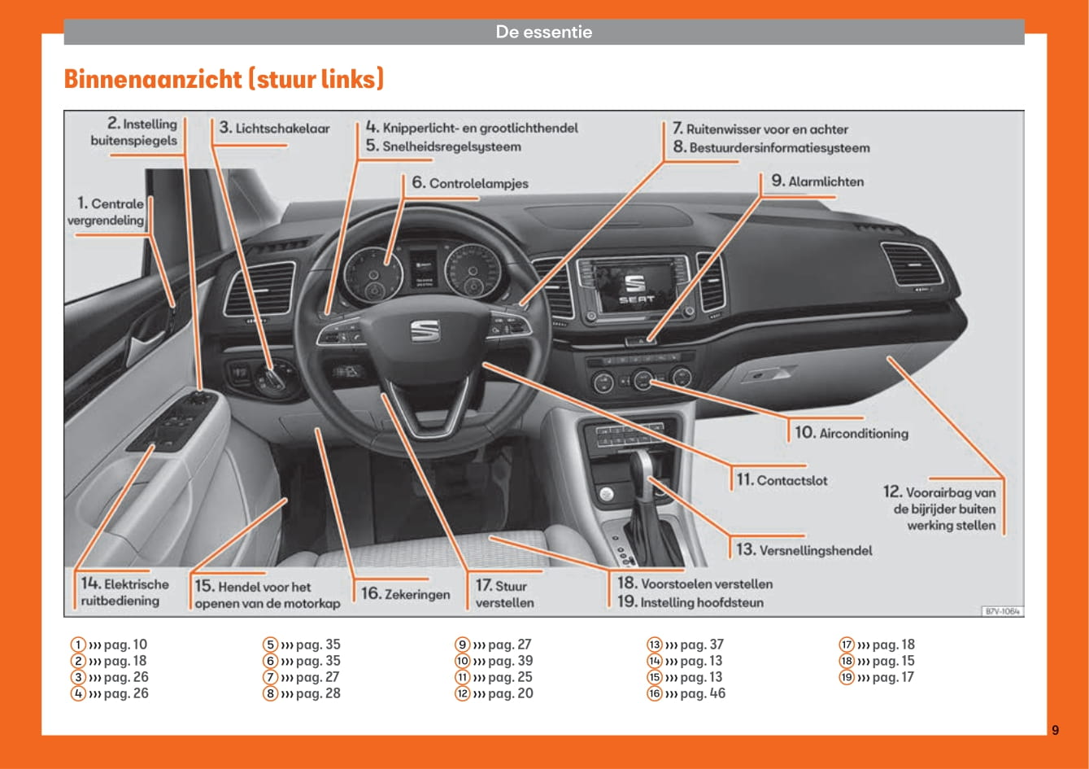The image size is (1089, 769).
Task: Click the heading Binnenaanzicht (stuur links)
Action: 224,80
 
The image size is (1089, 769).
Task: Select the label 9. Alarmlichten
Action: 817,181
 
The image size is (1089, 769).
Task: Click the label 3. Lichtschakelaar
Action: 274,129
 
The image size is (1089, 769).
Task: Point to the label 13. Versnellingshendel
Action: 804,550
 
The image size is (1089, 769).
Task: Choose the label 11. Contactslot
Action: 782,480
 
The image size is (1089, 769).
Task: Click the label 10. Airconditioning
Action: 851,433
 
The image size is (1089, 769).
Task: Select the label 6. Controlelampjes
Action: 470,183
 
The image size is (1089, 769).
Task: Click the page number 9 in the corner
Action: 1055,730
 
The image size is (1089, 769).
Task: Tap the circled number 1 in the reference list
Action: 77,645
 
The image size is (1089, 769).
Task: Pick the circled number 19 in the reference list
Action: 847,677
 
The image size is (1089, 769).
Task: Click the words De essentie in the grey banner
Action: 544,33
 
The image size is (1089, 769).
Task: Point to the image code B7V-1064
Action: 1002,610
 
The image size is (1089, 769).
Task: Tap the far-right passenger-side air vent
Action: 912,264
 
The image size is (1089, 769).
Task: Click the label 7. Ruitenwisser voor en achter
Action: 760,129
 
